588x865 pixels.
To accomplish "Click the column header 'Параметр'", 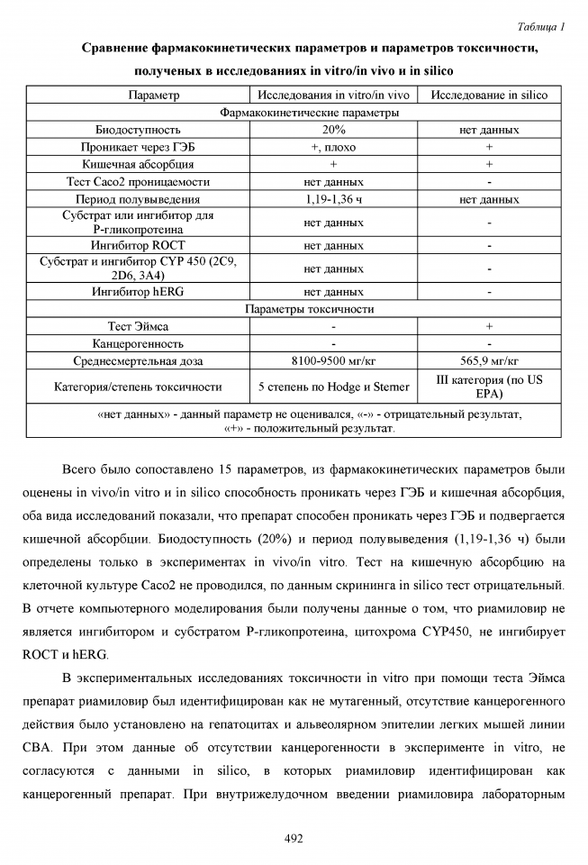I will coord(138,95).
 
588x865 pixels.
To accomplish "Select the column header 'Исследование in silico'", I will coord(489,95).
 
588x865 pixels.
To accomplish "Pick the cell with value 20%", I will coord(333,130).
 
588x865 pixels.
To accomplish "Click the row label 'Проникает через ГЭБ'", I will coord(138,147).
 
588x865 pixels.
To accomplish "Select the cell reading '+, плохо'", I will coord(333,147).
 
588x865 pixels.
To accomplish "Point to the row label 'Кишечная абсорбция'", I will coord(138,164).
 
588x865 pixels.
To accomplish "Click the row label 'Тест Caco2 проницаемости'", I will coord(138,181).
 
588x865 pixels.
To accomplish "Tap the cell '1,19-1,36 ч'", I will coord(333,199).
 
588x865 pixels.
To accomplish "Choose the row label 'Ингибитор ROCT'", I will coord(138,245).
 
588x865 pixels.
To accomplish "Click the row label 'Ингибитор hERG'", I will coord(138,292).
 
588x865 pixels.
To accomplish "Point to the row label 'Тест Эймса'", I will coord(138,326).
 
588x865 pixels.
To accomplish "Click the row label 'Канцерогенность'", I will coord(138,343).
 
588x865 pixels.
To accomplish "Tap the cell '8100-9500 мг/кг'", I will coord(333,361).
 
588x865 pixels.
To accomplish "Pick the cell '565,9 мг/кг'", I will coord(489,361).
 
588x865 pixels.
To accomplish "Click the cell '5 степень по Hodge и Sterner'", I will coord(333,387).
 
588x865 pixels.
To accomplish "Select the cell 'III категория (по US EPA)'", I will coord(489,387).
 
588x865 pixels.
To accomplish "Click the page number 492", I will coord(294,838).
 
